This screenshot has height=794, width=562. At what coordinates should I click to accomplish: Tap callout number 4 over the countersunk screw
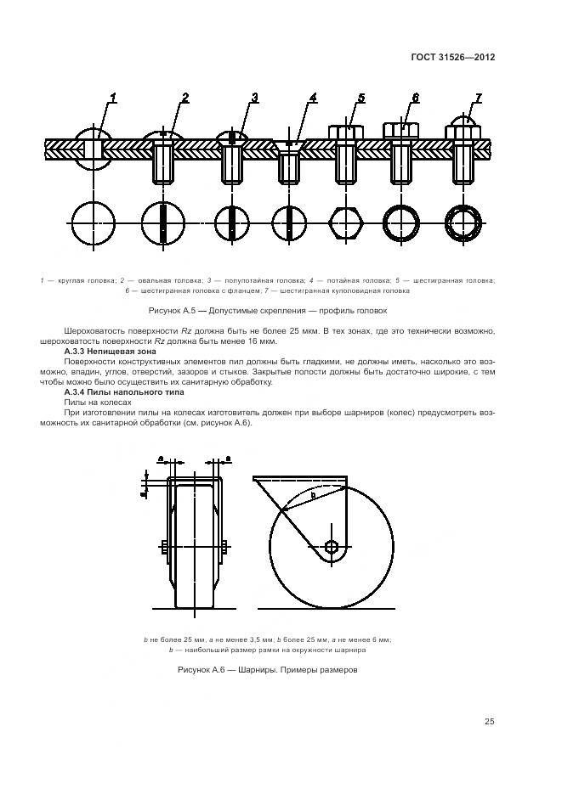313,98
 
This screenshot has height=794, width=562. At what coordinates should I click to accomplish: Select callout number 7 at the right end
478,98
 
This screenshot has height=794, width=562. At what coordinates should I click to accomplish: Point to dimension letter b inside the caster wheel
313,495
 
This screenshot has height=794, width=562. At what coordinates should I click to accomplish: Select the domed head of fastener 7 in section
463,128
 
